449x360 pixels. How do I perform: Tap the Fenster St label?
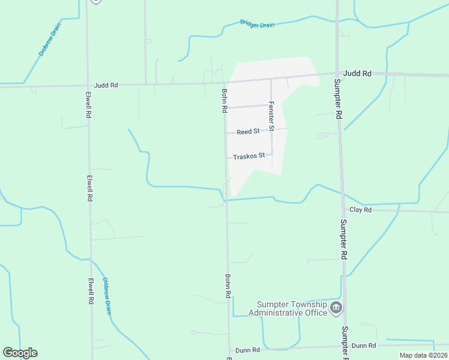[x=271, y=116]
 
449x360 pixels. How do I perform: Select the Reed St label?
[x=247, y=131]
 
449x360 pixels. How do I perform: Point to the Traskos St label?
[x=249, y=156]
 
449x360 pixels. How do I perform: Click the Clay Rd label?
[x=360, y=210]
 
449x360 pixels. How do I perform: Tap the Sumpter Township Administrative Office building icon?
[x=336, y=308]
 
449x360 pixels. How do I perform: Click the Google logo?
[x=20, y=353]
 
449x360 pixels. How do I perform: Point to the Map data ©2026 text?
[x=423, y=355]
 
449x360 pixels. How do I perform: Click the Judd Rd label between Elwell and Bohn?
[x=106, y=85]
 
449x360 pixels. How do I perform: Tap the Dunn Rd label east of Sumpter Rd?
[x=363, y=346]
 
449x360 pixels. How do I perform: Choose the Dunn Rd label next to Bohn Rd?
[x=247, y=350]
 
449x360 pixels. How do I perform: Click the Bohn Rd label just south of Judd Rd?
[x=224, y=101]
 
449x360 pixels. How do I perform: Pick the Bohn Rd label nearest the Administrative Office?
[x=228, y=287]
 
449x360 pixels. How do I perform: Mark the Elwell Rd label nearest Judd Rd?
[x=88, y=104]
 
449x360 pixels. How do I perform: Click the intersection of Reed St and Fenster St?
[x=271, y=130]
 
